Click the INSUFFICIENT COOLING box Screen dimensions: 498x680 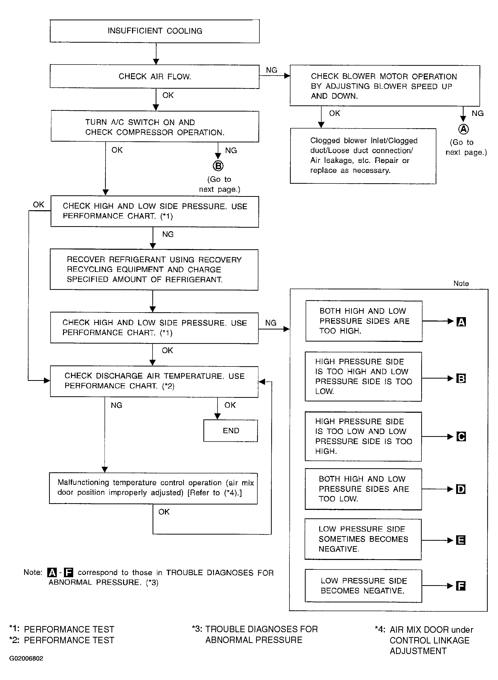pyautogui.click(x=155, y=31)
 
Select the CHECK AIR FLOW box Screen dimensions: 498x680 pyautogui.click(x=155, y=76)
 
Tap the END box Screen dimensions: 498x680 pyautogui.click(x=231, y=431)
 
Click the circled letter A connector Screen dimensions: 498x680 pyautogui.click(x=463, y=129)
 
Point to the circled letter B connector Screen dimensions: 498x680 pyautogui.click(x=218, y=166)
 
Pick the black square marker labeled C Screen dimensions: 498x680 pyautogui.click(x=461, y=436)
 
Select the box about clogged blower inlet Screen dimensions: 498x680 pyautogui.click(x=363, y=156)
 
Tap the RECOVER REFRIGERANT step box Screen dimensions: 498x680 pyautogui.click(x=154, y=270)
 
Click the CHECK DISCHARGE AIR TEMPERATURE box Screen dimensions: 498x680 pyautogui.click(x=154, y=381)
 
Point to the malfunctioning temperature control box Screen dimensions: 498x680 pyautogui.click(x=153, y=488)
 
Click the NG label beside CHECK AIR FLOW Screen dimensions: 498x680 pyautogui.click(x=271, y=70)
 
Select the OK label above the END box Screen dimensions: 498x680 pyautogui.click(x=230, y=405)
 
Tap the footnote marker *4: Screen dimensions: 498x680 pyautogui.click(x=380, y=629)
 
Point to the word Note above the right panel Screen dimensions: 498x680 pyautogui.click(x=461, y=283)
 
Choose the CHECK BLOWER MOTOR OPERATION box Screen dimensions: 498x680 pyautogui.click(x=385, y=86)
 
